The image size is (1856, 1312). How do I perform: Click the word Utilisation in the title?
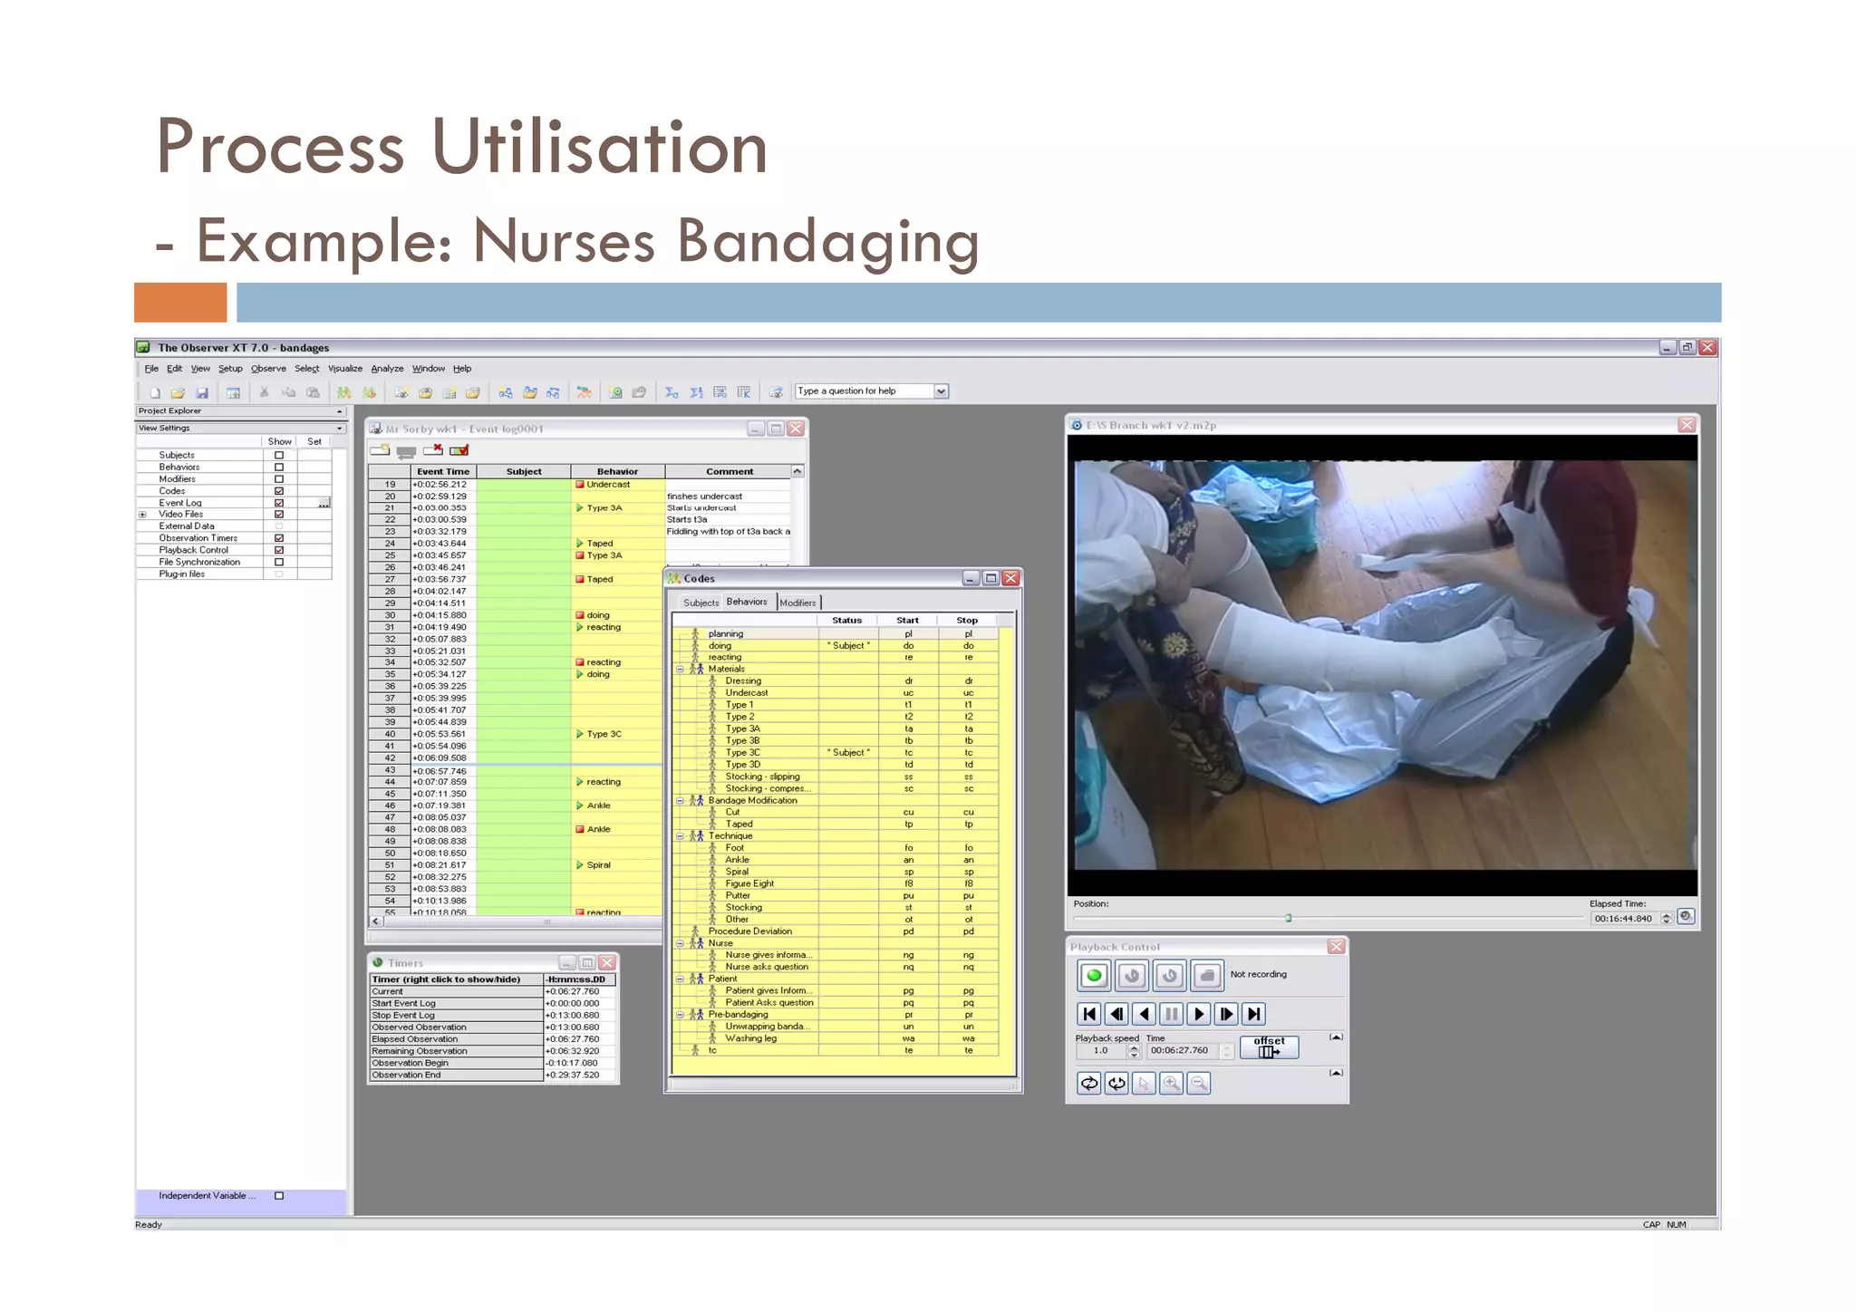click(599, 147)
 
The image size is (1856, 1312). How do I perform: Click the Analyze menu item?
click(387, 369)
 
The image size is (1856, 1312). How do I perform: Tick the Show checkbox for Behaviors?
click(279, 468)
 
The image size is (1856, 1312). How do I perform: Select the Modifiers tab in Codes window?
click(797, 603)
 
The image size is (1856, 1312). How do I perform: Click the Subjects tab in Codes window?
click(701, 603)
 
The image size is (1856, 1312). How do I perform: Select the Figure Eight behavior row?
click(749, 883)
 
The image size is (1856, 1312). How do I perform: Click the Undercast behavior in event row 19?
click(607, 485)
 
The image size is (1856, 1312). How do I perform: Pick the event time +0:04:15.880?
click(440, 615)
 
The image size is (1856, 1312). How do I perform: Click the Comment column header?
click(730, 471)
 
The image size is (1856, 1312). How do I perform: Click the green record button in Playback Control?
click(1094, 976)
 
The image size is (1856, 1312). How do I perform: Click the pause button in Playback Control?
click(1171, 1014)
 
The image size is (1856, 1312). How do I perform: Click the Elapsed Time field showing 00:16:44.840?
click(1623, 919)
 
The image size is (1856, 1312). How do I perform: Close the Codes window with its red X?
click(1010, 578)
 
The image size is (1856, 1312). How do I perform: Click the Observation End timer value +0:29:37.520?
click(573, 1076)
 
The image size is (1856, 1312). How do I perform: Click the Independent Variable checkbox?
click(279, 1196)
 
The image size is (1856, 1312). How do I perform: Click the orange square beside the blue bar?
click(180, 303)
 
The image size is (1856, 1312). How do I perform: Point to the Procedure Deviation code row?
click(749, 931)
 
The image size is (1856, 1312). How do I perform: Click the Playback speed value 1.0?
click(1100, 1051)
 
